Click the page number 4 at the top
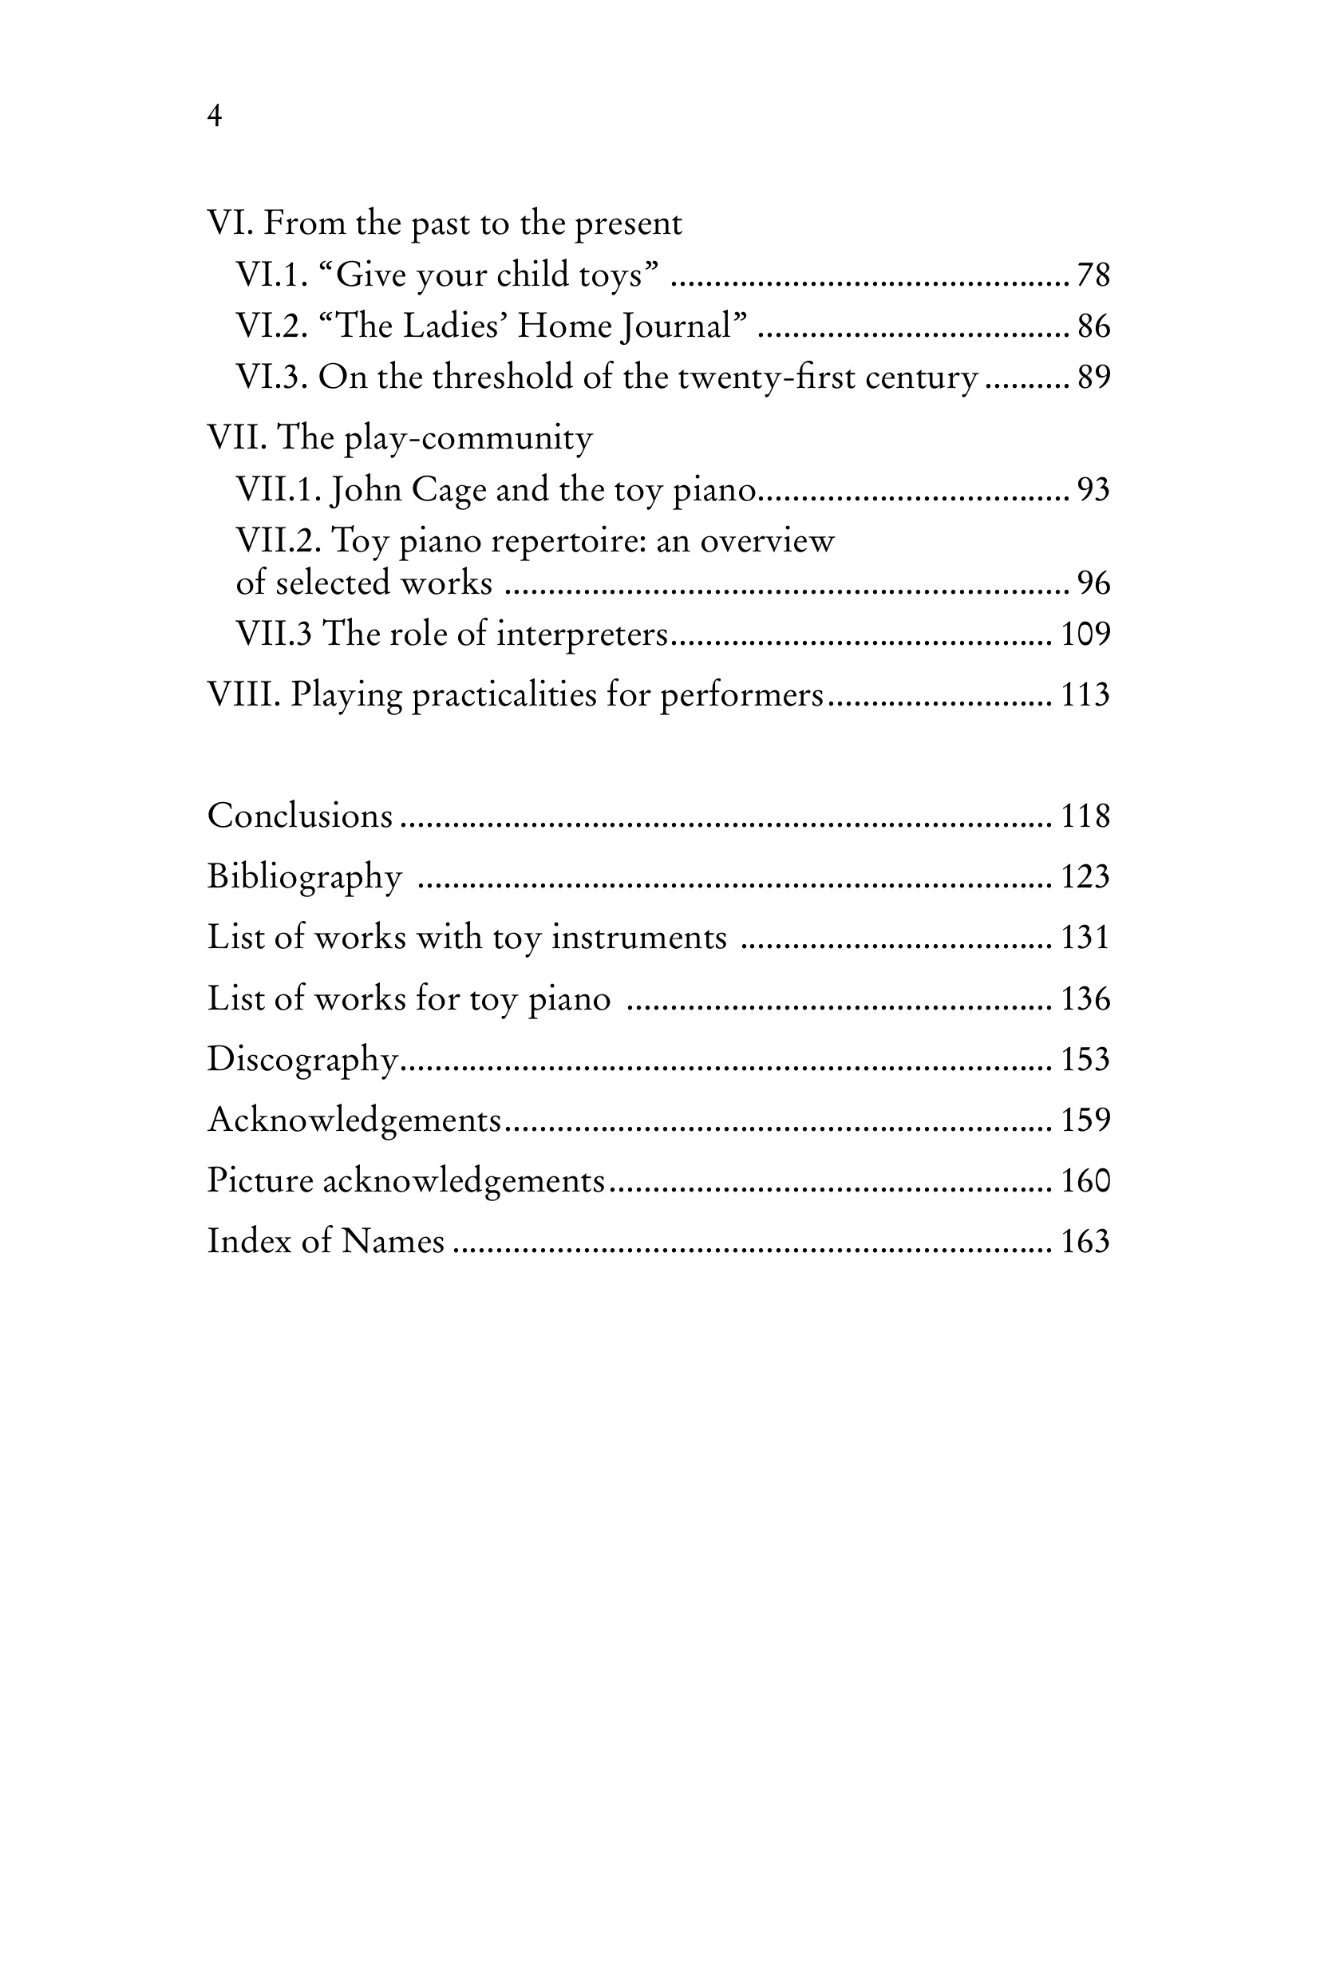click(215, 116)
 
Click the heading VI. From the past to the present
click(445, 223)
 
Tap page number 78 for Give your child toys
click(1093, 275)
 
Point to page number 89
click(1093, 377)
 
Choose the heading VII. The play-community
click(400, 438)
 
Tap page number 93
click(1093, 490)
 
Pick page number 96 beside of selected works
click(1093, 583)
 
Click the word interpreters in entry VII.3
click(582, 634)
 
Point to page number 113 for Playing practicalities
click(1085, 695)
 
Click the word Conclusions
click(300, 816)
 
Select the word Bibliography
click(305, 877)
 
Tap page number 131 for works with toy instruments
click(1085, 938)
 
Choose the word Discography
click(302, 1060)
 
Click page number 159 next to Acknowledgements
click(1085, 1120)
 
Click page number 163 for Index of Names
click(1085, 1242)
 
